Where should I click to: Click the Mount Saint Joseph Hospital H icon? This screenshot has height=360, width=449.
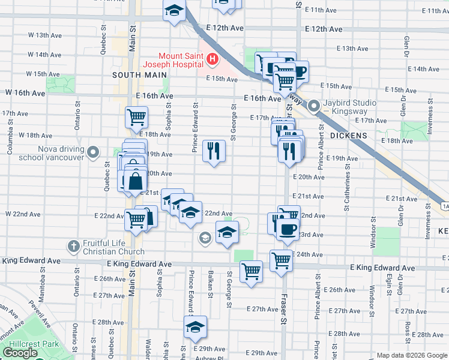212,59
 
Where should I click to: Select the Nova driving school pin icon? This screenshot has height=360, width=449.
93,152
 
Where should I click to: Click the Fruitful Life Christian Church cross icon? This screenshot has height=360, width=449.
73,246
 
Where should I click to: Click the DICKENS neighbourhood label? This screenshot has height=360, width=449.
349,136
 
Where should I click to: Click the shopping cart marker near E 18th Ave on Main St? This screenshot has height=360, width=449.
137,118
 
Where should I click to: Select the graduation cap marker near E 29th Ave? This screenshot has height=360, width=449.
195,327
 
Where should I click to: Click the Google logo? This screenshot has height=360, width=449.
20,353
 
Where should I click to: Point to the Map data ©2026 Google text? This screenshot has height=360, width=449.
412,355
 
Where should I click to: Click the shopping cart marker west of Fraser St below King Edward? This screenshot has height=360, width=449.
251,271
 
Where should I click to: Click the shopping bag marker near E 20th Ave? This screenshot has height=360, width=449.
136,180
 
